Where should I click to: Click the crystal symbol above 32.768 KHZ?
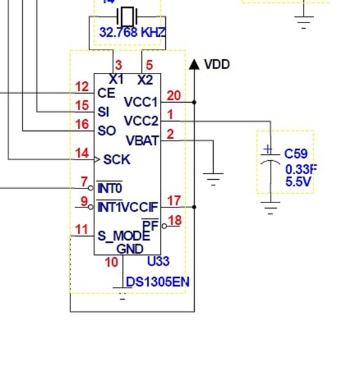(x=127, y=17)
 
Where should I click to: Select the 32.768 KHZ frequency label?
(x=133, y=32)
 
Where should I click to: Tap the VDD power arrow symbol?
(x=194, y=64)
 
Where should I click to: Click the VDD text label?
(x=217, y=64)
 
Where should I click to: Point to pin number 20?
(x=174, y=95)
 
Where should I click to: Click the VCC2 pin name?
(x=141, y=121)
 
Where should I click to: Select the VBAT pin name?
(x=143, y=141)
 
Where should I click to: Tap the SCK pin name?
(x=117, y=160)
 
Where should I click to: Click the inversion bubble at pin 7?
(x=91, y=188)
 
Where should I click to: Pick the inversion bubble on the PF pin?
(x=165, y=226)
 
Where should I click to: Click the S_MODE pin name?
(x=124, y=235)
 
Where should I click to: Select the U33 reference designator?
(x=159, y=261)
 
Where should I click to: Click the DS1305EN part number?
(x=157, y=282)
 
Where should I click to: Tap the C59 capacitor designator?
(x=296, y=154)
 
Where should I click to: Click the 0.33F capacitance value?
(x=301, y=169)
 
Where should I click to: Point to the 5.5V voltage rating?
(x=298, y=182)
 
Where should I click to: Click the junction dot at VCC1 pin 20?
(x=194, y=102)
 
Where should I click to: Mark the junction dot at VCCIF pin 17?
(x=194, y=207)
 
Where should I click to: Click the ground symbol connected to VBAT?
(x=213, y=179)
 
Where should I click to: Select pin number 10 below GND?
(x=111, y=262)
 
